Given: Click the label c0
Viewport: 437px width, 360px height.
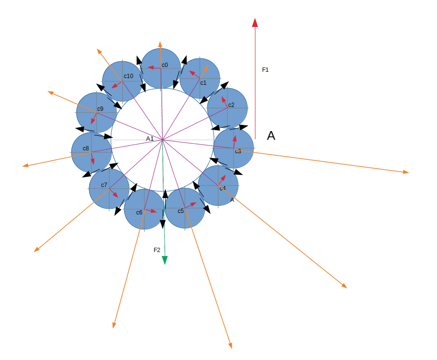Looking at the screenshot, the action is [165, 65].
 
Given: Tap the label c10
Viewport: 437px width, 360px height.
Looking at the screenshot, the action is [129, 76].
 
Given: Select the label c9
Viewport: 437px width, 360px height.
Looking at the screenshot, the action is [100, 109].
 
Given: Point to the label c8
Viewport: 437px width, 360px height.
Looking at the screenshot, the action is [86, 148].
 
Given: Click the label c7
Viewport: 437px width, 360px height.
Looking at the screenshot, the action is [104, 185].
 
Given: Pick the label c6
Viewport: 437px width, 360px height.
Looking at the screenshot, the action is [139, 213].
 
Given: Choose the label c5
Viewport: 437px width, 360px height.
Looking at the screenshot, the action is [181, 211].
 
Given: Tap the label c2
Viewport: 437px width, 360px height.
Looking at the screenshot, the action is [231, 105].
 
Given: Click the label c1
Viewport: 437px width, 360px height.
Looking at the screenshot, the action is [203, 83].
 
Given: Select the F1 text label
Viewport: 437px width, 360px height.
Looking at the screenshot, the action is [265, 70].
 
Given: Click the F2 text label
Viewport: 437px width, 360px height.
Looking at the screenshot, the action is [157, 250].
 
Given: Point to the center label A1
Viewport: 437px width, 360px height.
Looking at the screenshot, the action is [150, 139].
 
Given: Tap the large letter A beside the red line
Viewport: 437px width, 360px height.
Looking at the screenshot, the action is [271, 135].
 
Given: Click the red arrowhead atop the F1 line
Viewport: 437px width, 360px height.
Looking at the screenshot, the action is [255, 23].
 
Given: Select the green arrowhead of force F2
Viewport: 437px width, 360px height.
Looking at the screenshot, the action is [165, 260].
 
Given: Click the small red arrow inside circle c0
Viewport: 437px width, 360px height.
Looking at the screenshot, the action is [154, 67].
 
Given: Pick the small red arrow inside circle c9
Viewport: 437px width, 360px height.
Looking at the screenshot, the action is [93, 118].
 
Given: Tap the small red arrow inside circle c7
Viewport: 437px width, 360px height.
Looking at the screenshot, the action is [113, 193].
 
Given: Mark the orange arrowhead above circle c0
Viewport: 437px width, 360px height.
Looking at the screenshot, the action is [160, 44].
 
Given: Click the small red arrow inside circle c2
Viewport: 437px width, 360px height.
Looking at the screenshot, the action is [225, 102].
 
